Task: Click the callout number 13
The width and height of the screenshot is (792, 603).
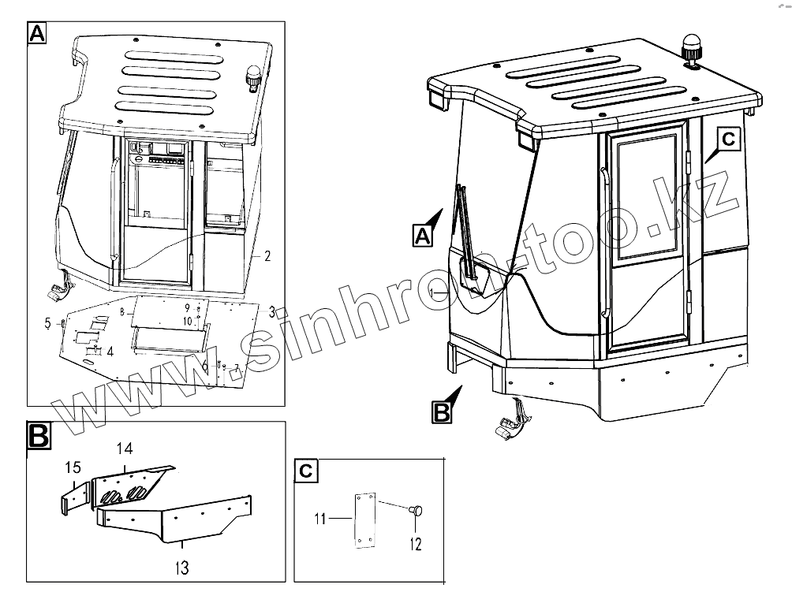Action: [x=182, y=568]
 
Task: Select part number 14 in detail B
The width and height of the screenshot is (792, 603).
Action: [x=125, y=449]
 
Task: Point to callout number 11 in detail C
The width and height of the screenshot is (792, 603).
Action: [x=319, y=519]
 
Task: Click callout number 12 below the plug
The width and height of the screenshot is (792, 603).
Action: [x=416, y=544]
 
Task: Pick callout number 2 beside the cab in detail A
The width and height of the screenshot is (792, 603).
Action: [x=267, y=255]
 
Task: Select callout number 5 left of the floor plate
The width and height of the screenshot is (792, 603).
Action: [x=48, y=323]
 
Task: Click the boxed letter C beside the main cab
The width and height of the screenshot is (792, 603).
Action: [x=727, y=140]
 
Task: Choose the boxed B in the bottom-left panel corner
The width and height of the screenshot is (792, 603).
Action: [x=39, y=435]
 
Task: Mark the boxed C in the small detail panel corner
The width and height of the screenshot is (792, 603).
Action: [x=306, y=471]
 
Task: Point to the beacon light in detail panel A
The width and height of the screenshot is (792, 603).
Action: [x=255, y=77]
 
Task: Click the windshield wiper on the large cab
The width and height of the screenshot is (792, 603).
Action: [x=467, y=232]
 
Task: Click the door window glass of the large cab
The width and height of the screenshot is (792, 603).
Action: [x=644, y=198]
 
